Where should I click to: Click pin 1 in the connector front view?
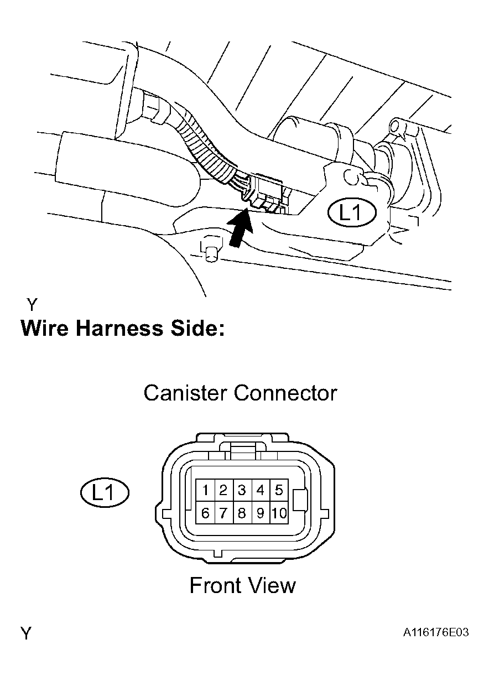point(205,490)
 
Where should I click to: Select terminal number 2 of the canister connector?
point(223,490)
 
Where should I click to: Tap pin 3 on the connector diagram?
point(242,490)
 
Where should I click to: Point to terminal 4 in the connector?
point(260,490)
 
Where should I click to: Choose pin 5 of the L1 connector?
point(279,490)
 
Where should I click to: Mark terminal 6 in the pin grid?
point(205,513)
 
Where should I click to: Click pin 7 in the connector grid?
point(223,513)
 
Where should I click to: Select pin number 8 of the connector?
point(242,513)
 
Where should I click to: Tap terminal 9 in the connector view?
point(260,513)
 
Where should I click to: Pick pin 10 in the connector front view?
point(279,513)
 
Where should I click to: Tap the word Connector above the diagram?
point(285,393)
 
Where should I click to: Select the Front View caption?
point(242,585)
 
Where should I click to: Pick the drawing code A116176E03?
point(435,632)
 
